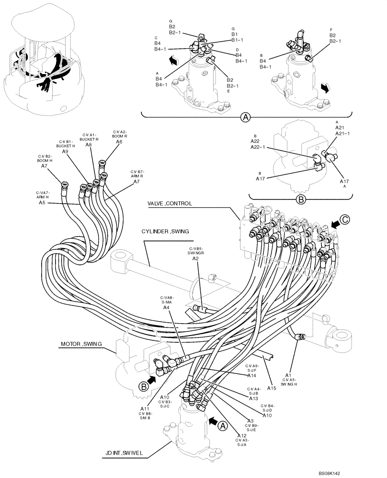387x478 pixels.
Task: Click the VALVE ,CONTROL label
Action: (x=170, y=203)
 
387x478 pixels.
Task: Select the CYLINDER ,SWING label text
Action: (x=165, y=231)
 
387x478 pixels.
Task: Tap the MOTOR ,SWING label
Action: (x=81, y=344)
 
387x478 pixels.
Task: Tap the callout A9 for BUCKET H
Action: (x=67, y=151)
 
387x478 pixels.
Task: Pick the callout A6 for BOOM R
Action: (x=119, y=141)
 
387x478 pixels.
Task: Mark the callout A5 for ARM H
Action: (x=43, y=203)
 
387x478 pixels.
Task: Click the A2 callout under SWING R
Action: (x=195, y=259)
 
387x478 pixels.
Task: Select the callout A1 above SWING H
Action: (x=288, y=361)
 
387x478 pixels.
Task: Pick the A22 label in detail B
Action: (x=255, y=141)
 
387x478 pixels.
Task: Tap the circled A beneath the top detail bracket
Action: (x=246, y=117)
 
